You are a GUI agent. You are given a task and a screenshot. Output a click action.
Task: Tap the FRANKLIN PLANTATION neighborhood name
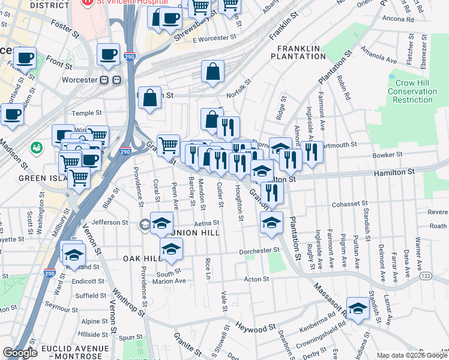pyautogui.click(x=298, y=52)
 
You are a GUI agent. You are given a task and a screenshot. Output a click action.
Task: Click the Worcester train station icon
pyautogui.click(x=110, y=80)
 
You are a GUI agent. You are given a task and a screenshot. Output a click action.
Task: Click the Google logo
pyautogui.click(x=20, y=353)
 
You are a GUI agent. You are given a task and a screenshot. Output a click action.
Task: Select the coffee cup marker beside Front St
pyautogui.click(x=25, y=58)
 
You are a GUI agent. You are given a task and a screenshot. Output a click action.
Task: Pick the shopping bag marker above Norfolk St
pyautogui.click(x=213, y=72)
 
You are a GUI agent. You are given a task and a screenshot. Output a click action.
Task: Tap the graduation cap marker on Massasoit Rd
pyautogui.click(x=358, y=309)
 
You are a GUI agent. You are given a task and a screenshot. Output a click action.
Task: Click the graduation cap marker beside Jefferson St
pyautogui.click(x=161, y=224)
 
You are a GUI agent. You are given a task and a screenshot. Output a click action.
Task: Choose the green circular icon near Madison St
pyautogui.click(x=37, y=147)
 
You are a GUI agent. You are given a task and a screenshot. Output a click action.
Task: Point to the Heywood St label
pyautogui.click(x=255, y=329)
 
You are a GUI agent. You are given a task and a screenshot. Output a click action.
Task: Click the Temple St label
pyautogui.click(x=88, y=113)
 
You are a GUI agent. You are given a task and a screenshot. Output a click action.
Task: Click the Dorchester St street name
pyautogui.click(x=260, y=250)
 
